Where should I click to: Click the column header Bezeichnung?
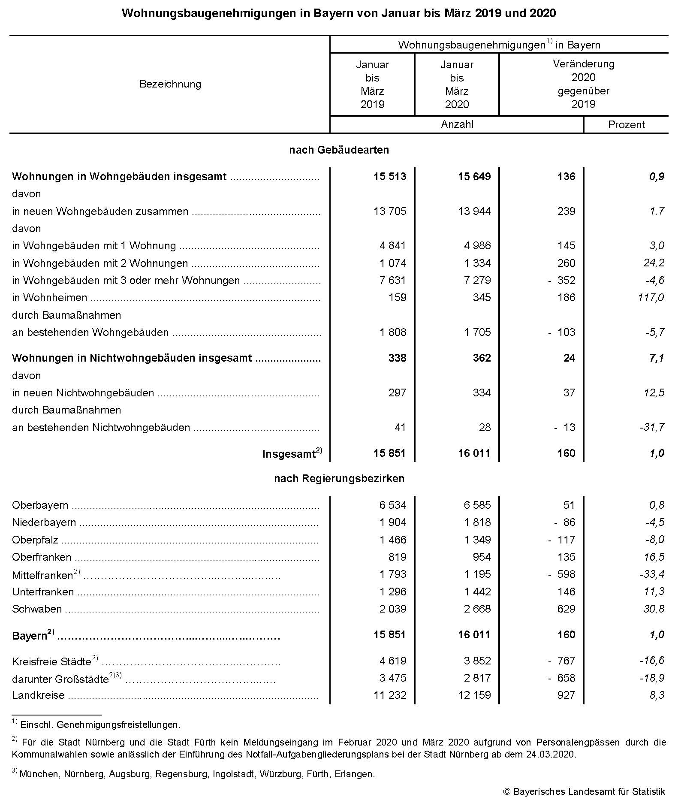coord(170,84)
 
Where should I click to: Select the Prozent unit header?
coord(626,125)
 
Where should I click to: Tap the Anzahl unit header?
coord(457,124)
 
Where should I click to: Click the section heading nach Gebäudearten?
coord(339,150)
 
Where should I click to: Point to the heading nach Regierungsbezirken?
coord(339,479)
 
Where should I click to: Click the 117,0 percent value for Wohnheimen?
coord(651,298)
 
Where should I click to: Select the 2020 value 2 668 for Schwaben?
coord(477,609)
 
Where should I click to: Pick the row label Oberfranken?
coord(42,557)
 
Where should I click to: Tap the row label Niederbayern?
coord(44,522)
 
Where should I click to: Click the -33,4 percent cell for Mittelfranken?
coord(651,574)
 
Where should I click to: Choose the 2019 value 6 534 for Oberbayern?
coord(392,505)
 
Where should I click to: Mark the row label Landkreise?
coord(38,695)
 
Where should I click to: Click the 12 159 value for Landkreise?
coord(474,695)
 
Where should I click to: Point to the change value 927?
coord(566,695)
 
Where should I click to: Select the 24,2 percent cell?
coord(654,263)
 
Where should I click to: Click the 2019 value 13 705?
coord(389,211)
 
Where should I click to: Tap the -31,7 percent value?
coord(652,427)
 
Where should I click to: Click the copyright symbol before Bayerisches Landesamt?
coord(507,792)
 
